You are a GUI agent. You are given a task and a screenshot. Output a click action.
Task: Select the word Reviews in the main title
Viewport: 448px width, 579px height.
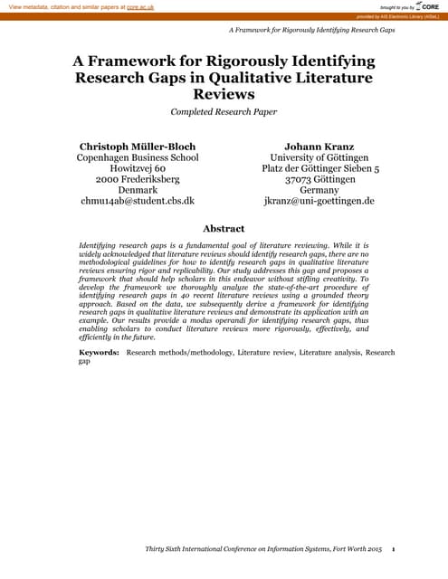coord(224,94)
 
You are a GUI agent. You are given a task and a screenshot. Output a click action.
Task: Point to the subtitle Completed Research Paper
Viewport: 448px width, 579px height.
coord(224,112)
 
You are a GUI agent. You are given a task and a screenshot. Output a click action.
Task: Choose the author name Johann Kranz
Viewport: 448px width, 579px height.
coord(319,146)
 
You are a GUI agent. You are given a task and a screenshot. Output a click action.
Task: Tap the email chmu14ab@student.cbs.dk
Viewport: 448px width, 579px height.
coord(138,201)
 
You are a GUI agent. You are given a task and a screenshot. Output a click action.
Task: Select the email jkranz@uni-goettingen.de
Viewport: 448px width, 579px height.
coord(319,201)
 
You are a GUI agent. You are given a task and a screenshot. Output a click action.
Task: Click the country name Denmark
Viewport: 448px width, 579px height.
coord(138,190)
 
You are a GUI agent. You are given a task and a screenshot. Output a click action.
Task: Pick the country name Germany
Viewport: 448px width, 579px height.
coord(319,190)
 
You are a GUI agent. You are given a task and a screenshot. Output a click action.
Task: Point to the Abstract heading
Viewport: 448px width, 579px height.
coord(224,229)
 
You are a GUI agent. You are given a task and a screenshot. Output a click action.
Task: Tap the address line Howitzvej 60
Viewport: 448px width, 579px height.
coord(138,168)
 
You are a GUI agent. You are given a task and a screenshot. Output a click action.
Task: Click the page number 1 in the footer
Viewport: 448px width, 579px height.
coord(406,549)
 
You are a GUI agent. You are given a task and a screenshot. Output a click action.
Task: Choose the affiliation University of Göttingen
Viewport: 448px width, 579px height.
coord(319,157)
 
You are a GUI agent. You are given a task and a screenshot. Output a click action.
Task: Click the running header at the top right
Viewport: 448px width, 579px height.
coord(312,31)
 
